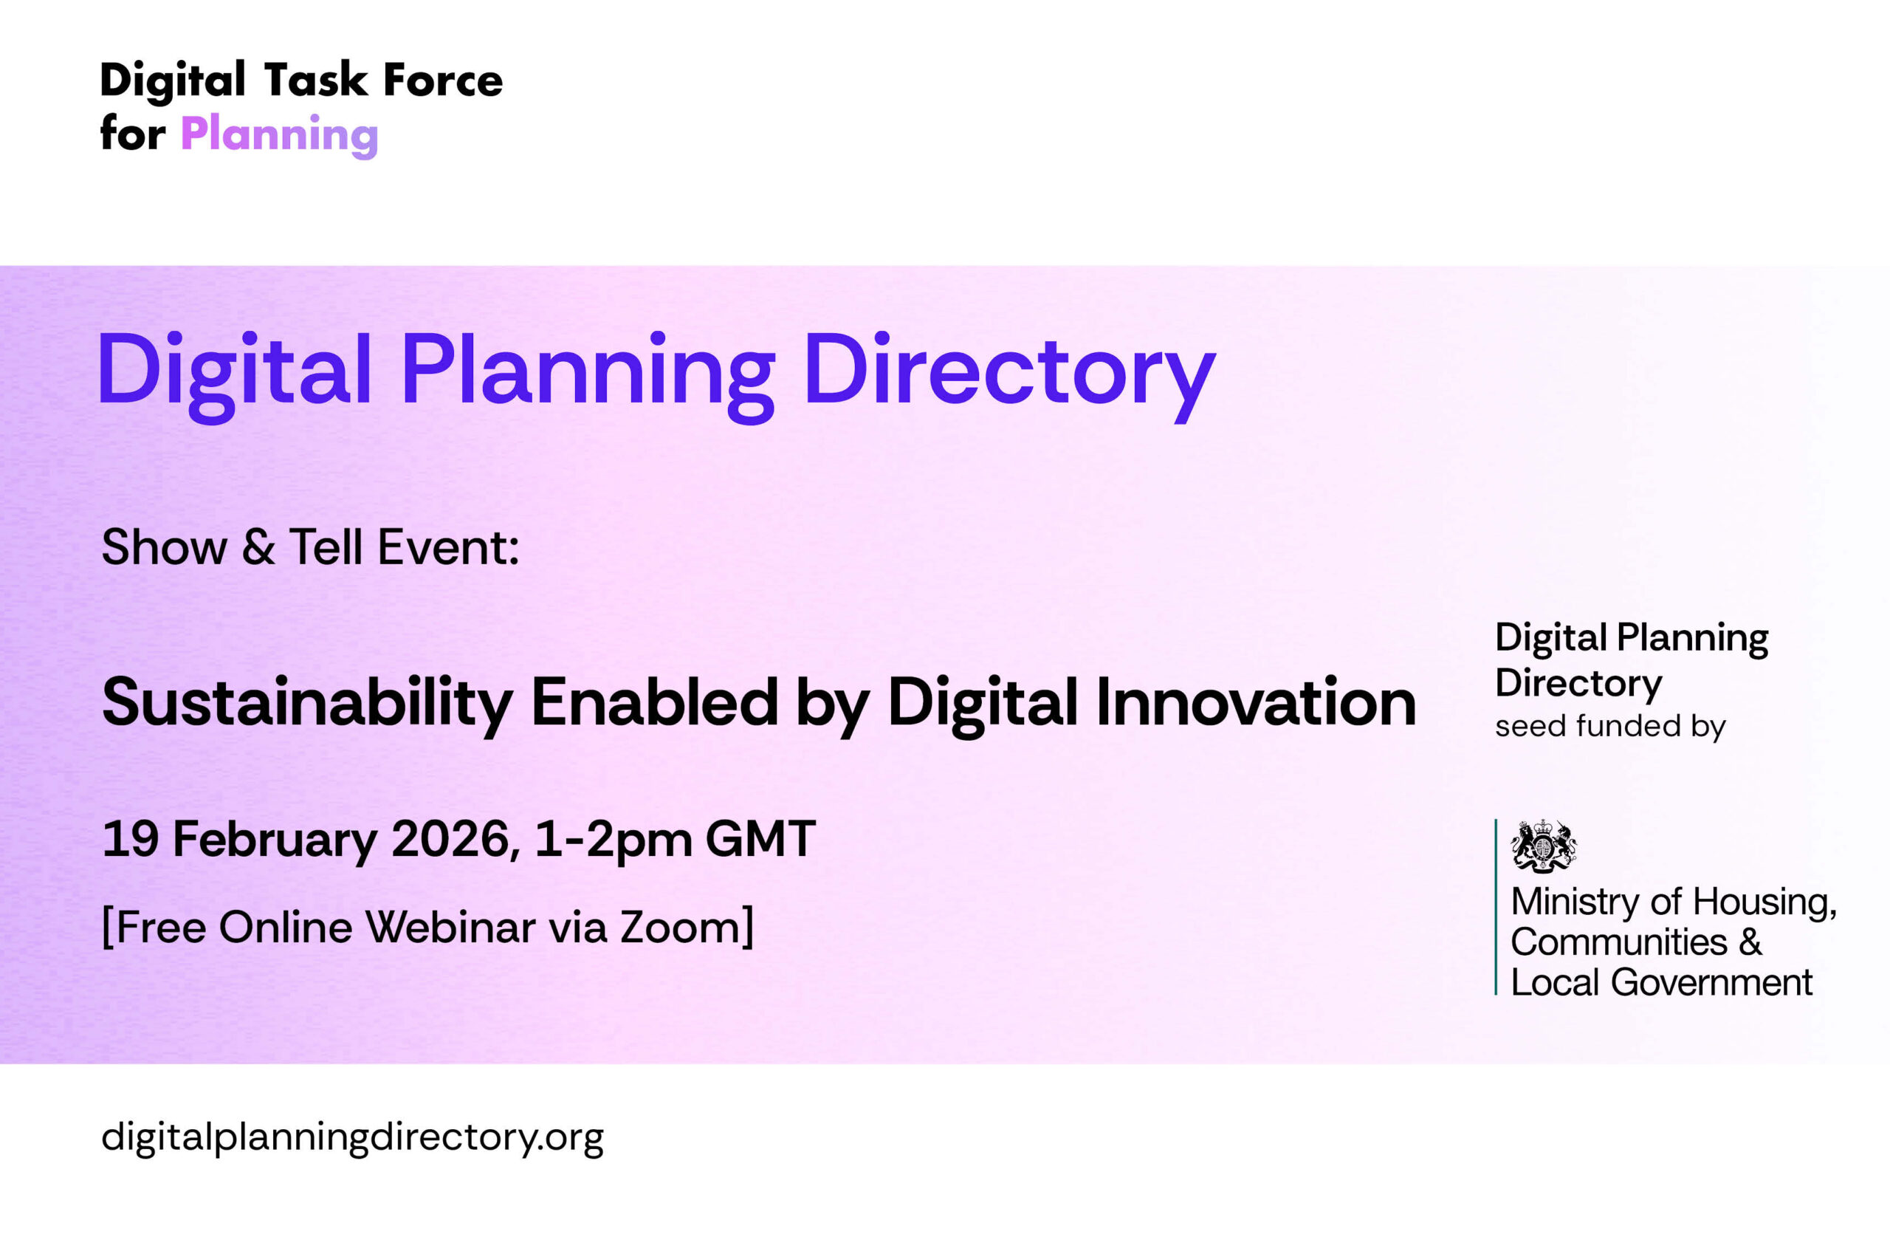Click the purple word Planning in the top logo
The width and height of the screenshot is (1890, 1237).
[x=280, y=134]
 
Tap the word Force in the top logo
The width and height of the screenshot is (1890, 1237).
[x=443, y=80]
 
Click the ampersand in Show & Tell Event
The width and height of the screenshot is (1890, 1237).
[x=258, y=546]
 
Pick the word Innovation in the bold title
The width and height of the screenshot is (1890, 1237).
[x=1256, y=702]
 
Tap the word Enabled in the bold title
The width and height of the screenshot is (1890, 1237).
[x=654, y=702]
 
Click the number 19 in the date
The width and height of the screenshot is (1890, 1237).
[x=130, y=839]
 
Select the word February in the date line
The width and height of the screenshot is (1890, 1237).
[x=275, y=842]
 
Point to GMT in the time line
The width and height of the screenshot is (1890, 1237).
[x=760, y=839]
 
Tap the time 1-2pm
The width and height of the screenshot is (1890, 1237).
[x=613, y=842]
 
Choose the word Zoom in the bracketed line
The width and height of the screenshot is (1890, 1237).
[x=681, y=927]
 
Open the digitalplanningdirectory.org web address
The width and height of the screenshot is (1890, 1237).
[x=353, y=1138]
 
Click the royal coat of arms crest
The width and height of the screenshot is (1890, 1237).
[x=1543, y=845]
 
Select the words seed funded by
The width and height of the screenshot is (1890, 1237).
[x=1610, y=726]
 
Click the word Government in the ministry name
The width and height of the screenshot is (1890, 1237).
[x=1711, y=982]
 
